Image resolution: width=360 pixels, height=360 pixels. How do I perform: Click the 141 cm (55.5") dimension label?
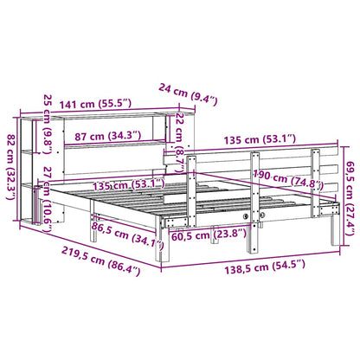[x=95, y=103]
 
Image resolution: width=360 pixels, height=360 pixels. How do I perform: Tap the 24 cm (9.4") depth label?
[x=188, y=93]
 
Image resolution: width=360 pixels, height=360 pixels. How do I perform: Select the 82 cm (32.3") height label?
[x=12, y=167]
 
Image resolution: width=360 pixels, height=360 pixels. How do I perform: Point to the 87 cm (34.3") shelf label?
[x=107, y=135]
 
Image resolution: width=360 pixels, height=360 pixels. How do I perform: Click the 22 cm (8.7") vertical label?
[x=179, y=142]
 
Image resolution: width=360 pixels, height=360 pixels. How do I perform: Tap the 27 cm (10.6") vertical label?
[x=47, y=200]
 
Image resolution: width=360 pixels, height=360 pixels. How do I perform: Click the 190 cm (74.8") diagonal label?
[x=288, y=180]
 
